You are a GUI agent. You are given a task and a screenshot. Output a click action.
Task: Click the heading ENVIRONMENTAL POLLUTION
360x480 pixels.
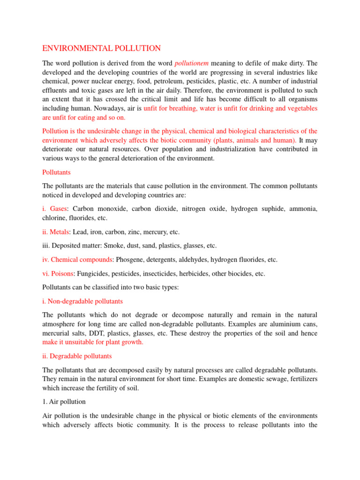click(102, 48)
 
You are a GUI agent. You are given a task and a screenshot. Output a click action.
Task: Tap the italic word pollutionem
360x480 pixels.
click(192, 63)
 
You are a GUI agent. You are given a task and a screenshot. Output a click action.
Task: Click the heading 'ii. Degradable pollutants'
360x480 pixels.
click(77, 356)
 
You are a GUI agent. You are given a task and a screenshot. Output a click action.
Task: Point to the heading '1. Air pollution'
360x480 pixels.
click(64, 402)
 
